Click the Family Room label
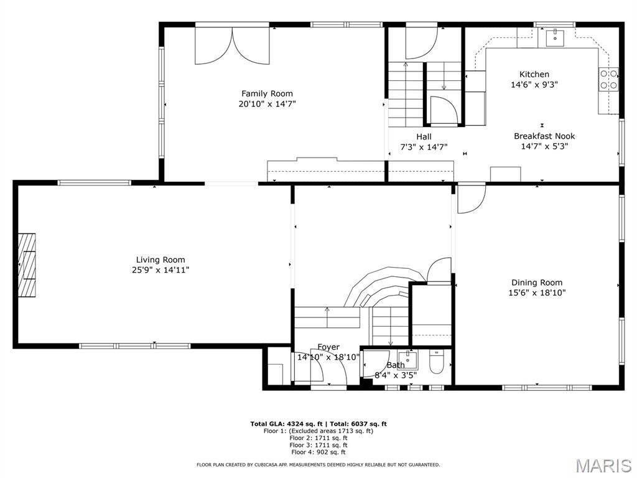(267, 94)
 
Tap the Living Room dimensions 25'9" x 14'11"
(160, 270)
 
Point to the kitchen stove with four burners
(609, 79)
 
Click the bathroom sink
(408, 358)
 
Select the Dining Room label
(537, 282)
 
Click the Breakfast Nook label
(544, 136)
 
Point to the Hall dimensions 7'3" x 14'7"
(424, 147)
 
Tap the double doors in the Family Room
(233, 45)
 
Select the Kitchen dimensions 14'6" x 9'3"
(534, 85)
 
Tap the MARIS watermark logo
(603, 465)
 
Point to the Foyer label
(328, 347)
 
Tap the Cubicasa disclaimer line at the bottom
(318, 464)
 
